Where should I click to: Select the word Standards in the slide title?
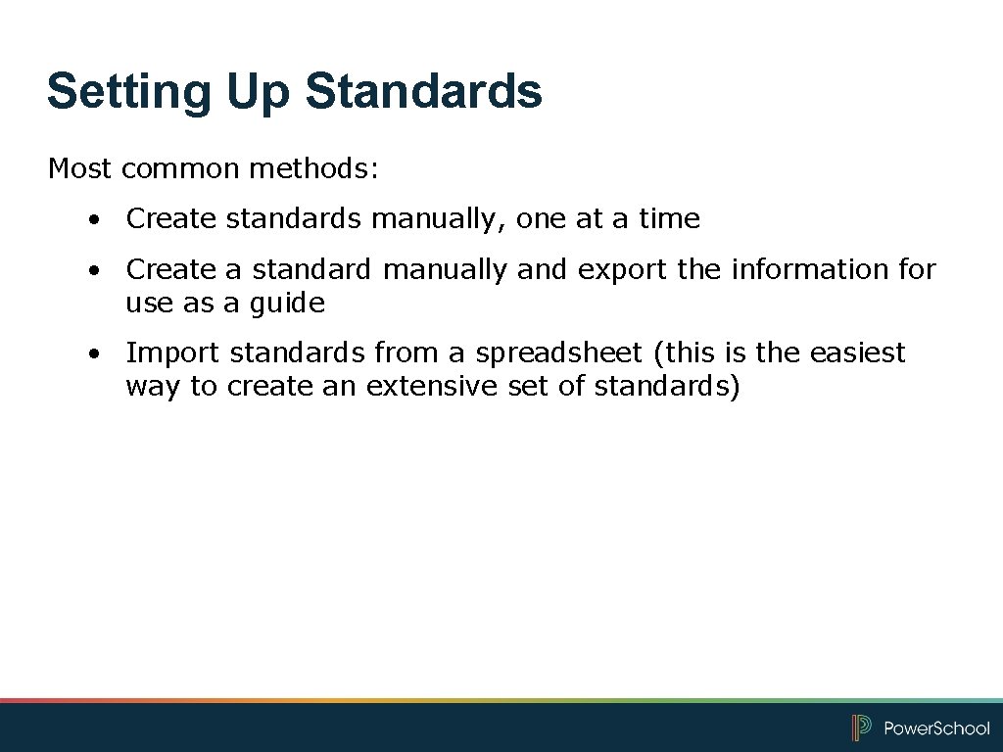tap(423, 91)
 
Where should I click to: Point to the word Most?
tap(79, 168)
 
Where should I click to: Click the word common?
tap(181, 168)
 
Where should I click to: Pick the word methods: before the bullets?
tap(312, 168)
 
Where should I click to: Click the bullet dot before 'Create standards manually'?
tap(90, 220)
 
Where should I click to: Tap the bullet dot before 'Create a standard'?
tap(90, 270)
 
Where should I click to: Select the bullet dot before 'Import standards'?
tap(90, 353)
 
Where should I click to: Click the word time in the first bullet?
tap(670, 218)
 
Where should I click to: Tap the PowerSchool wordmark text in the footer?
tap(936, 728)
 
